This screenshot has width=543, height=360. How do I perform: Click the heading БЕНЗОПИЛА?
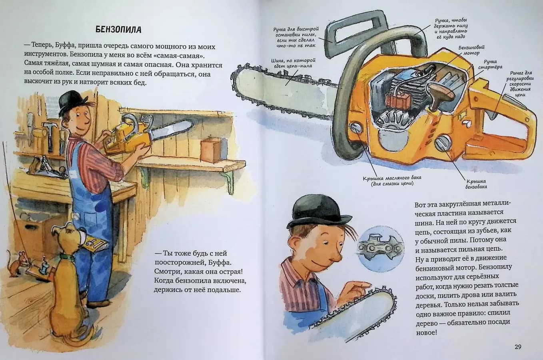pos(118,30)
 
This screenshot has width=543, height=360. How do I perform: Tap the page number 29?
pos(518,347)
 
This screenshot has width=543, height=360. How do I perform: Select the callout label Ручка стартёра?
pos(490,64)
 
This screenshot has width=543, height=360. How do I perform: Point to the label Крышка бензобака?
pos(476,184)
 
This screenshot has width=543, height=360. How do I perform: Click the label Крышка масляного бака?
pos(392,181)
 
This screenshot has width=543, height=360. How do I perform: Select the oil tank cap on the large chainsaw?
pos(356,127)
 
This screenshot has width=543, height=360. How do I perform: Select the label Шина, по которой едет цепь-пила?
pos(293,63)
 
